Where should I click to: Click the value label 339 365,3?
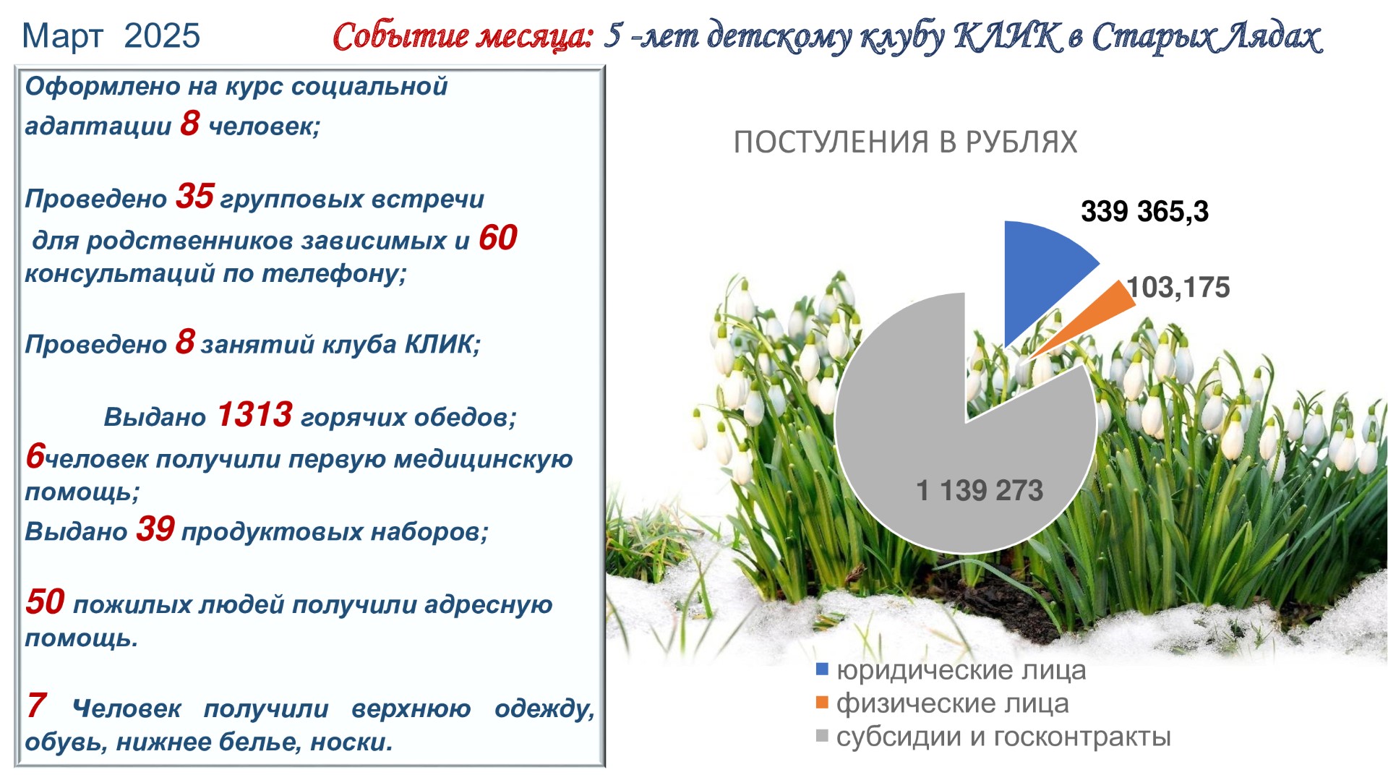click(1144, 212)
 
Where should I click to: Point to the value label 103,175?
click(1178, 288)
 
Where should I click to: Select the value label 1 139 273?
click(980, 491)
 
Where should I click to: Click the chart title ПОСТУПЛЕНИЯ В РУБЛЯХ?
click(905, 142)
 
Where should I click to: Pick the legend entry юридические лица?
click(951, 671)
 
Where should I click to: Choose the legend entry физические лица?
click(943, 703)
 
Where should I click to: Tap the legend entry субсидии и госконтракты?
click(993, 737)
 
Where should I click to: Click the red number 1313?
click(254, 415)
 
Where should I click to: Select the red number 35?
click(195, 197)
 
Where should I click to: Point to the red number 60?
click(498, 238)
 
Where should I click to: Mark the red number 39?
click(155, 529)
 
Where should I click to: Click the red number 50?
click(45, 602)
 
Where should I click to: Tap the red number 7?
click(36, 706)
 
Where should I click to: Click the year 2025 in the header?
click(162, 36)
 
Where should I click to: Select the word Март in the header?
click(63, 36)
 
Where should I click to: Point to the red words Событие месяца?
click(463, 36)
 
